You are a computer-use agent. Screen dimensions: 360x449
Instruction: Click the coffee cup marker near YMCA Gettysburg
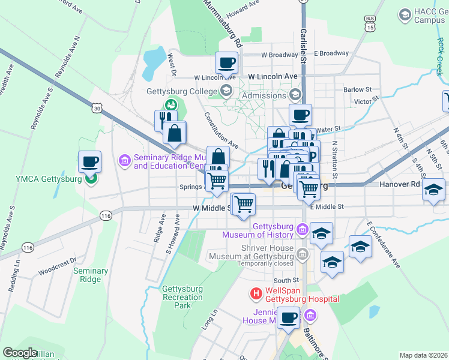tap(89, 161)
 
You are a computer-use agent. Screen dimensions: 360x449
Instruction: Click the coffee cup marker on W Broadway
tap(227, 62)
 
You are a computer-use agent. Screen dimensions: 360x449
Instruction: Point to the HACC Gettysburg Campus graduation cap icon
tap(405, 13)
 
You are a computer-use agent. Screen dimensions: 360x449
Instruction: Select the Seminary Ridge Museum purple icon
tap(125, 160)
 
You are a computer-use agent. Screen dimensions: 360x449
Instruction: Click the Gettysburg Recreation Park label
tap(182, 297)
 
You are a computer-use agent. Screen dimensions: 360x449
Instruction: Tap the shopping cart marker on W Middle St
tap(244, 204)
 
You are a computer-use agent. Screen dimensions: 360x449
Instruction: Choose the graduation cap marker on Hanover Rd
tap(432, 191)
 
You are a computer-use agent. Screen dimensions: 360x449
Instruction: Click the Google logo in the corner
tap(20, 352)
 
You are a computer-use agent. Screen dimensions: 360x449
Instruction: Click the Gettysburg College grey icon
tap(226, 91)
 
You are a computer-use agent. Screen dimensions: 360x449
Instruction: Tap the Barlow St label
tap(358, 89)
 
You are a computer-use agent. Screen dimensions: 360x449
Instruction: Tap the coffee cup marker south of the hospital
tap(288, 317)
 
